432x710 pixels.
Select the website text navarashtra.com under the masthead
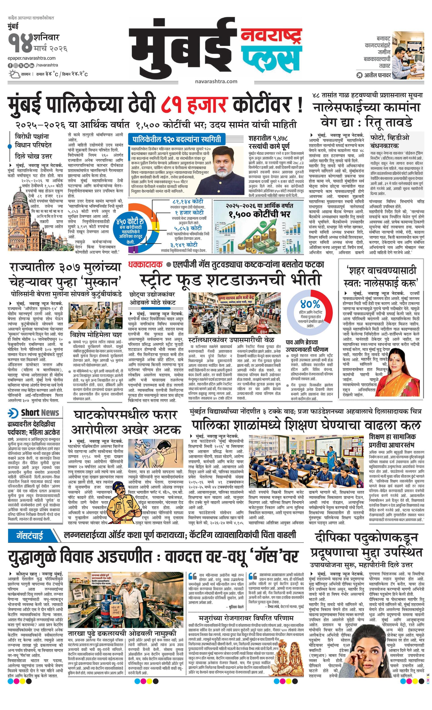[x=216, y=81]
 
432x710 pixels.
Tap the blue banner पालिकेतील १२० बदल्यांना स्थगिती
[x=176, y=139]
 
